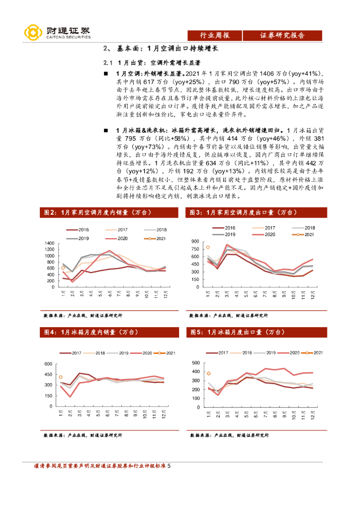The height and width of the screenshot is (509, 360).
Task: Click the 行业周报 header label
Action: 214,35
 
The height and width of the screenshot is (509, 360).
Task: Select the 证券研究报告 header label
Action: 282,35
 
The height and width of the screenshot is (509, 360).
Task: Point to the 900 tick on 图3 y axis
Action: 194,241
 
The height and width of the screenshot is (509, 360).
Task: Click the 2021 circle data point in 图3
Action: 208,247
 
